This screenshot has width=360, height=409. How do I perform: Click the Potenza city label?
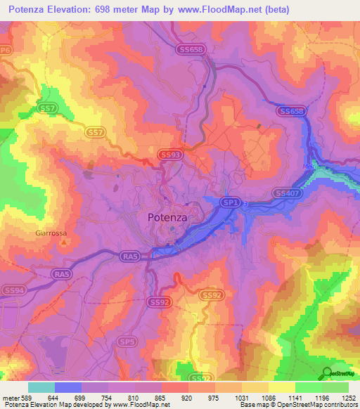(167, 218)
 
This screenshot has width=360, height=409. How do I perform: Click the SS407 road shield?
(287, 193)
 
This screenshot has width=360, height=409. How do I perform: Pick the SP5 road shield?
(127, 342)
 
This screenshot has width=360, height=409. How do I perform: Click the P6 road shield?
(6, 51)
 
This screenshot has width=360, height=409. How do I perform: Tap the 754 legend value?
(108, 398)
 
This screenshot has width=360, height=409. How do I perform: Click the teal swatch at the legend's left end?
(41, 387)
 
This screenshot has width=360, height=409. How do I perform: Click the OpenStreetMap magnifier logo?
(327, 373)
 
